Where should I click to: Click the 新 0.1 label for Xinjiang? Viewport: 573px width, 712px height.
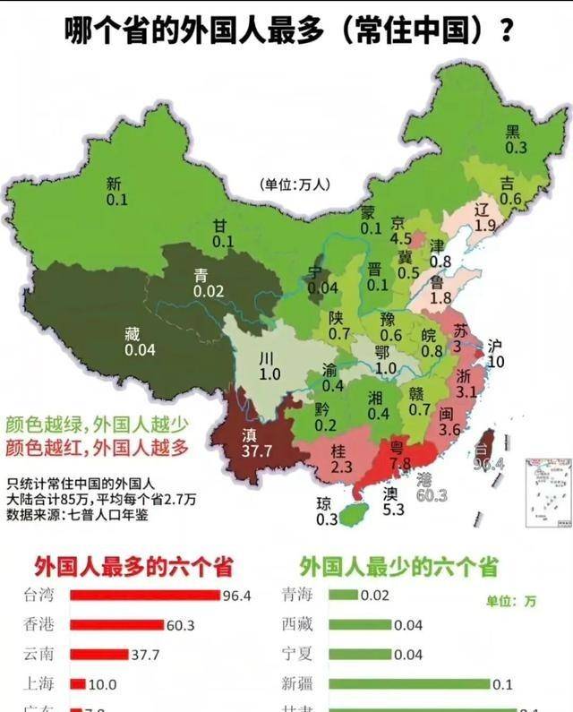tap(115, 192)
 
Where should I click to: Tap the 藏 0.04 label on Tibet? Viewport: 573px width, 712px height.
tap(140, 341)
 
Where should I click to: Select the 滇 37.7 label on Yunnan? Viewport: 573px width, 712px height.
tap(256, 443)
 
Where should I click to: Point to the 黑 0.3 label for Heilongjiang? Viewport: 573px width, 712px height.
tap(514, 139)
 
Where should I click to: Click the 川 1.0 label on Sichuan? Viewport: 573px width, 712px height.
tap(269, 365)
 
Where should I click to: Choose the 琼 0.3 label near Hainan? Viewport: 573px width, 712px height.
tap(326, 510)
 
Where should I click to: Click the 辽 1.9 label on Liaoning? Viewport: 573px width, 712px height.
tap(484, 218)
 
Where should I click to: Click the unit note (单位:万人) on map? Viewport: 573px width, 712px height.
tap(295, 184)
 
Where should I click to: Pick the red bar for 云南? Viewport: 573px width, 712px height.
tap(98, 655)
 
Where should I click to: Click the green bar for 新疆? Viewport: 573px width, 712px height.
tap(409, 684)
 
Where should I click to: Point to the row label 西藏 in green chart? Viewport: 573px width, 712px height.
tap(297, 625)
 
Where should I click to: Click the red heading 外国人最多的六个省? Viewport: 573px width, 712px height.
tap(133, 566)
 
